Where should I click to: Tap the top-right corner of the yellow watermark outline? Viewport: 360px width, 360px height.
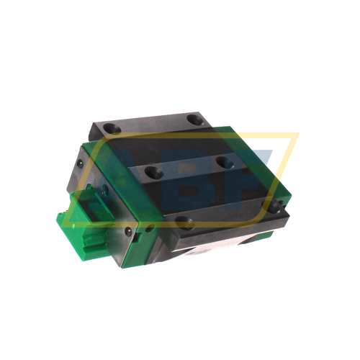pos(297,134)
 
